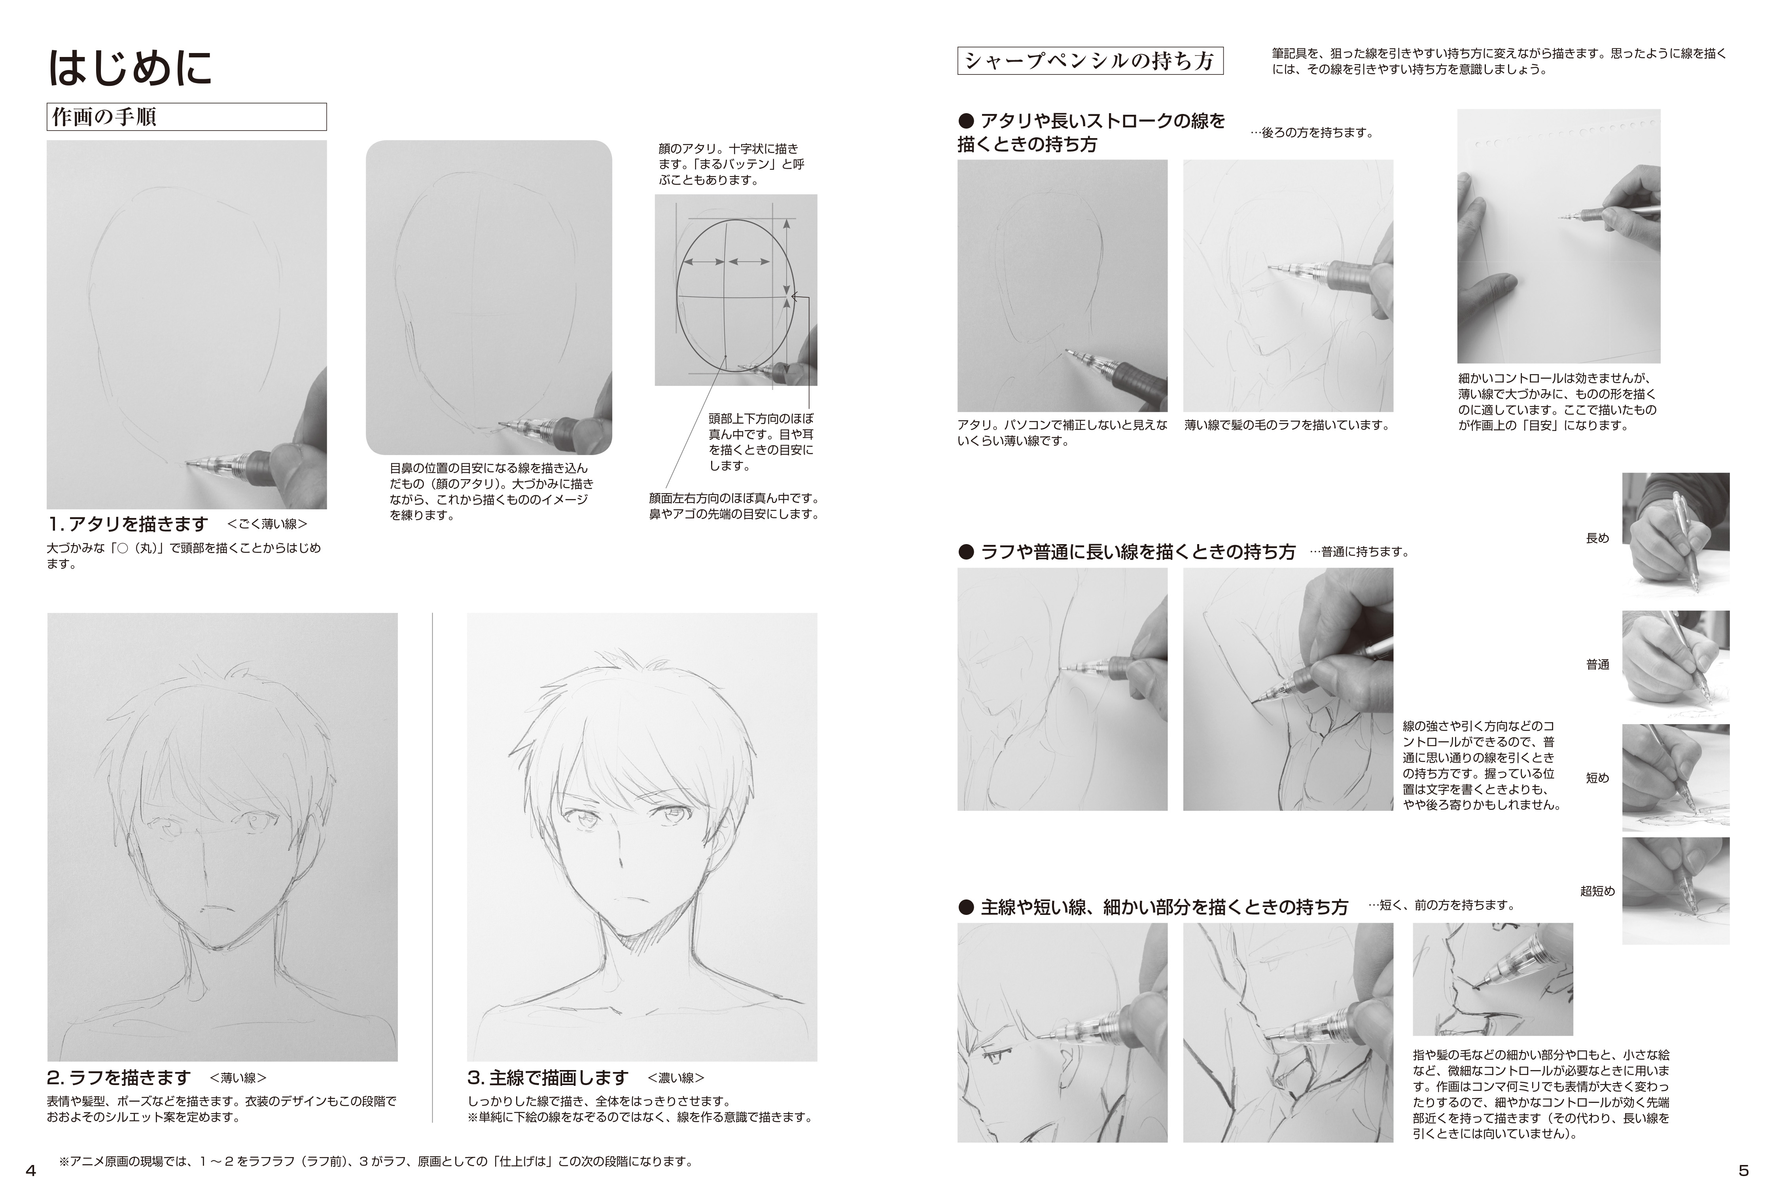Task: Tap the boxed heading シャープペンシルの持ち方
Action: pos(1090,61)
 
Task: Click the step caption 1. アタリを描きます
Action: pos(128,524)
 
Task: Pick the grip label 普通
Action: pos(1597,665)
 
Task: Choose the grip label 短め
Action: pos(1597,778)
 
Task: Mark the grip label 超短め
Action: pos(1597,891)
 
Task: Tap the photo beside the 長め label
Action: pos(1676,533)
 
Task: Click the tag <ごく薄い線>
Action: pos(267,524)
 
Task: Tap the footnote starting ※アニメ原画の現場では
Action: pos(376,1162)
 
